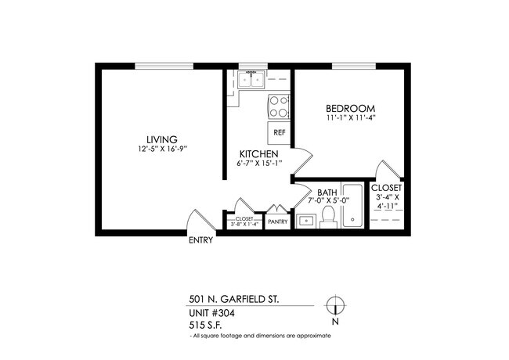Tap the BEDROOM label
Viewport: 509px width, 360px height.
(x=350, y=108)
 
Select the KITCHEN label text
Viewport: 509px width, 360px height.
(x=259, y=153)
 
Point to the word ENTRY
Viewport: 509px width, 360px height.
(x=200, y=241)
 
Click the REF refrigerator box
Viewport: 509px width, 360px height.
(x=279, y=133)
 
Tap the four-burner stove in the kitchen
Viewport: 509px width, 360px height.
(x=278, y=105)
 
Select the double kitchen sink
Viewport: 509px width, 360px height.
(x=252, y=79)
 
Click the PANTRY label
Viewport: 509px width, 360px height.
(x=278, y=222)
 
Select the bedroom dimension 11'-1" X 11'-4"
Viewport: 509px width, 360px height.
(x=351, y=118)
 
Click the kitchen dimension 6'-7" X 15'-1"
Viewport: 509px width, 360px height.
(x=259, y=163)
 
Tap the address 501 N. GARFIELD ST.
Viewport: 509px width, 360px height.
(x=233, y=299)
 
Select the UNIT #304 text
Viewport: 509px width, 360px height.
(x=212, y=313)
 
